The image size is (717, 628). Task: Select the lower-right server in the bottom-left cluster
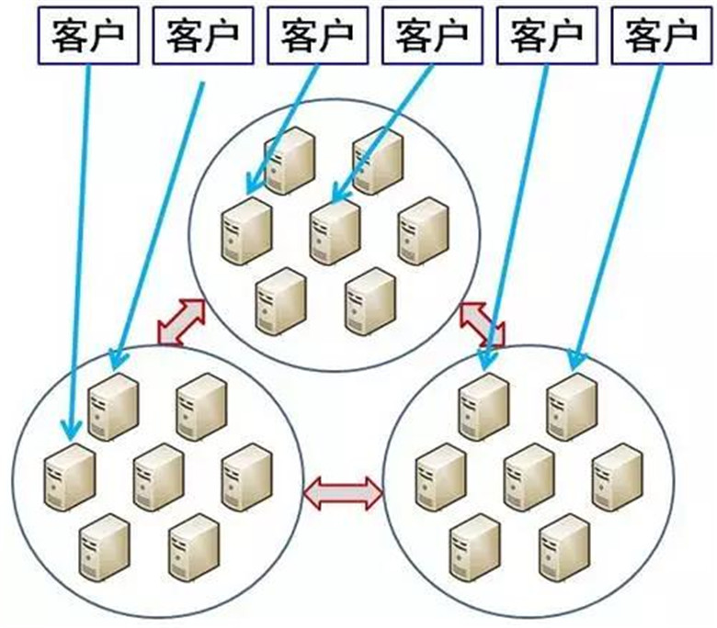194,545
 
